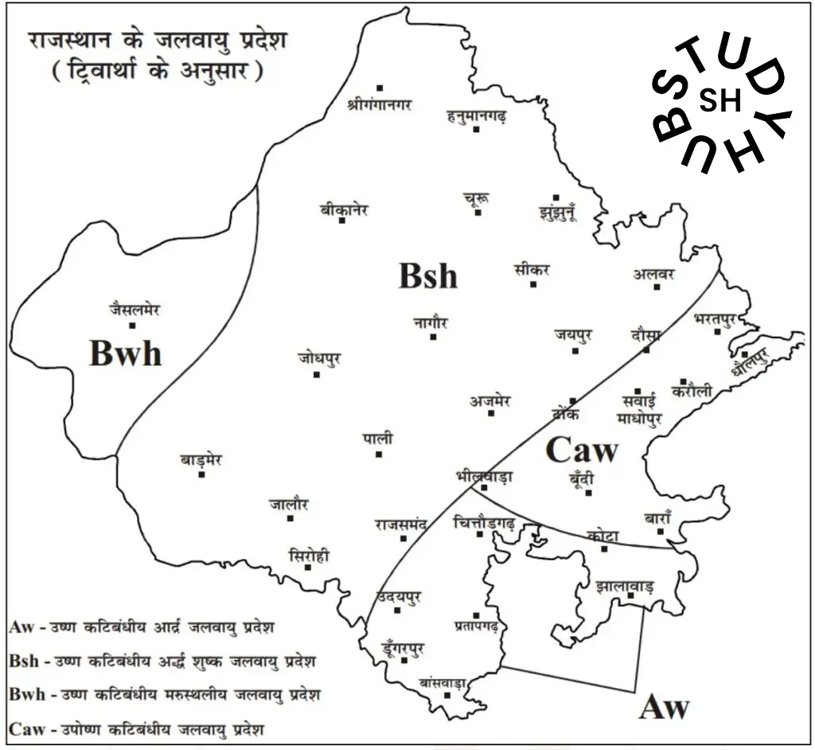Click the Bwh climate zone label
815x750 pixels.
click(126, 353)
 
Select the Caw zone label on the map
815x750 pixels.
click(581, 451)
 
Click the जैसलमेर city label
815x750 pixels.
click(135, 310)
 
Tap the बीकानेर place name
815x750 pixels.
click(344, 210)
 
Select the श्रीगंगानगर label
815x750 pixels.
click(380, 104)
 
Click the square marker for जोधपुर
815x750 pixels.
click(317, 374)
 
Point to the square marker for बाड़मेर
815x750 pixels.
click(202, 475)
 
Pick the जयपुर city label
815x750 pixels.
click(574, 334)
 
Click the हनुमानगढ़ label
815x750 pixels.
click(477, 117)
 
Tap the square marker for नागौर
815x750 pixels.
click(433, 337)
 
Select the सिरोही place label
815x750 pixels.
click(310, 555)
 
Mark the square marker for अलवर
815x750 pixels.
click(657, 287)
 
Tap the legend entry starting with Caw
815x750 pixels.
click(137, 728)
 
